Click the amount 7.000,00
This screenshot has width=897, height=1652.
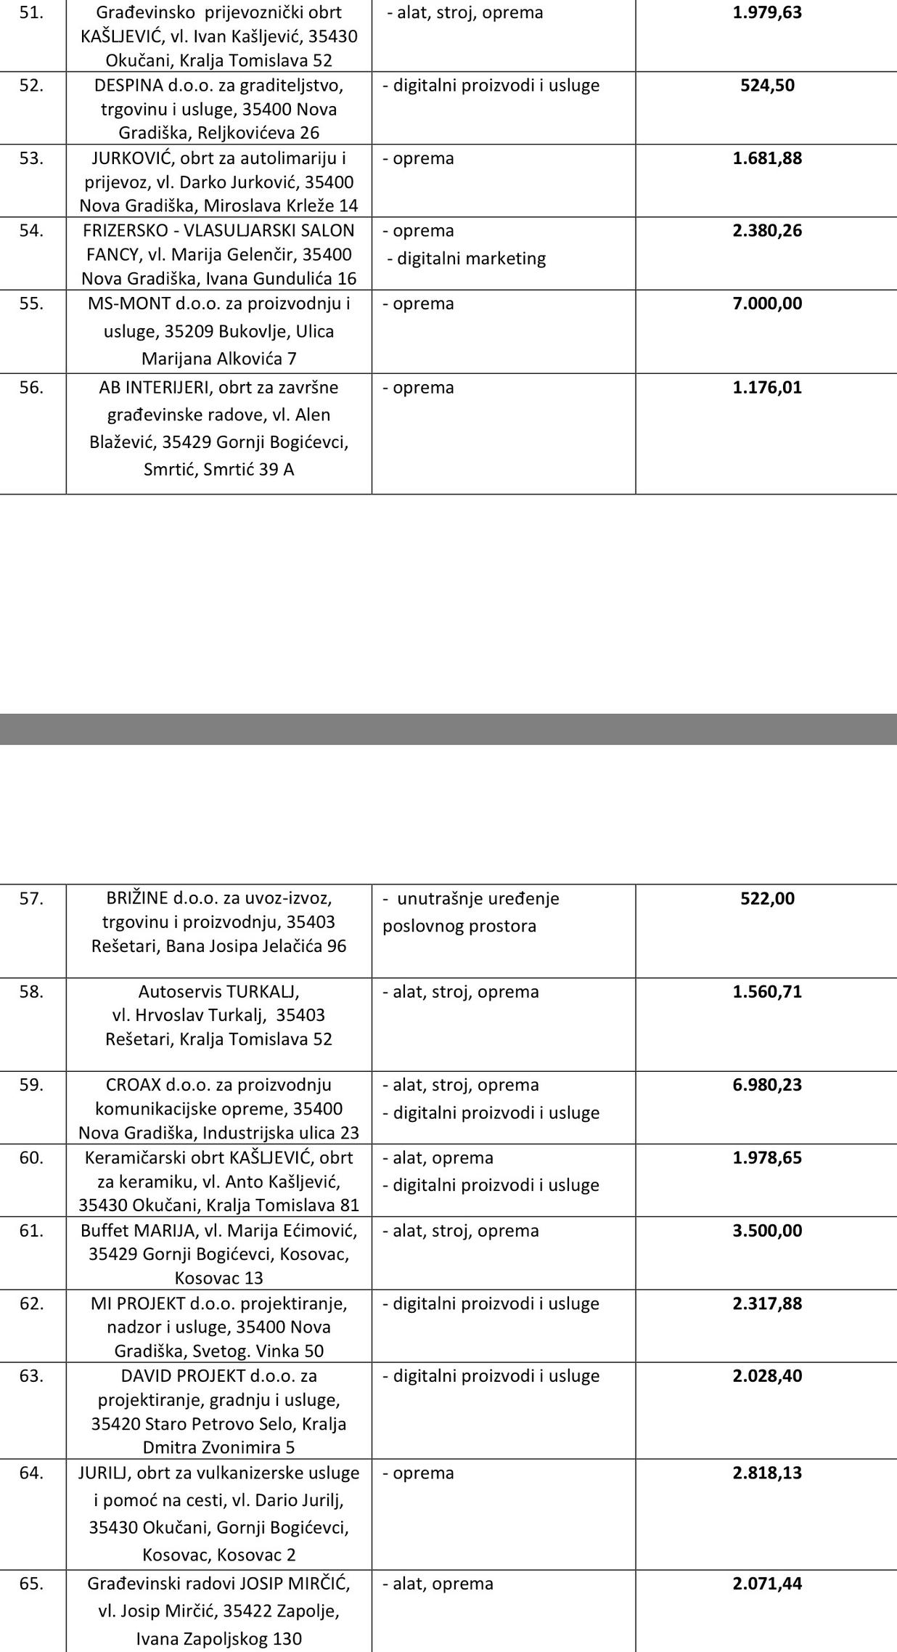pyautogui.click(x=767, y=304)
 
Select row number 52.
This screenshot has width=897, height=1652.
pyautogui.click(x=31, y=85)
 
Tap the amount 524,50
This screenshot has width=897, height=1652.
pyautogui.click(x=767, y=85)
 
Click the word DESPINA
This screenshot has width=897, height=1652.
pyautogui.click(x=128, y=85)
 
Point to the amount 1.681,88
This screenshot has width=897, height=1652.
pyautogui.click(x=767, y=158)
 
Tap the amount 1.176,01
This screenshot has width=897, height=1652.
pyautogui.click(x=767, y=387)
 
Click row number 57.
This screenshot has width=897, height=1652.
pyautogui.click(x=31, y=898)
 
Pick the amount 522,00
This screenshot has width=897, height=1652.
pyautogui.click(x=767, y=898)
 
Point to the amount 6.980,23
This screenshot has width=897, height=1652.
pyautogui.click(x=767, y=1084)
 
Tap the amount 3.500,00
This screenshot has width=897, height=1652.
pyautogui.click(x=767, y=1230)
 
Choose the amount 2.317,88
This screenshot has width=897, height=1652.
pyautogui.click(x=767, y=1303)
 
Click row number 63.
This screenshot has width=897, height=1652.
pyautogui.click(x=31, y=1375)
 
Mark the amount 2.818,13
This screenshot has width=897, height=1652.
pyautogui.click(x=767, y=1473)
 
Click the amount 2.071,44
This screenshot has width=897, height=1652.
pyautogui.click(x=767, y=1583)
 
